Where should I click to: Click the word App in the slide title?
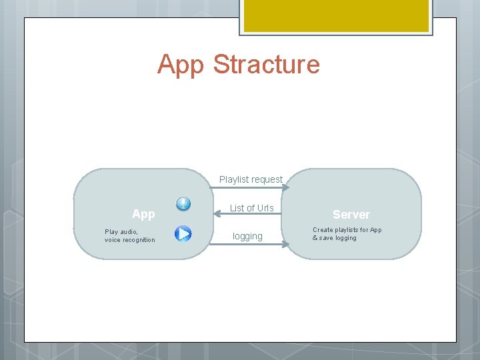pyautogui.click(x=181, y=65)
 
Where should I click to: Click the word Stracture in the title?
pyautogui.click(x=267, y=65)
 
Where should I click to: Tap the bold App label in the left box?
pyautogui.click(x=143, y=214)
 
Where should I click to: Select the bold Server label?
pyautogui.click(x=351, y=215)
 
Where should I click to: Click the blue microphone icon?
pyautogui.click(x=183, y=204)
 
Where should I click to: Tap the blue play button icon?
pyautogui.click(x=183, y=233)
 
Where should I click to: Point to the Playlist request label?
pyautogui.click(x=251, y=179)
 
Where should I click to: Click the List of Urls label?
pyautogui.click(x=251, y=208)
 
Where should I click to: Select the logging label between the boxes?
pyautogui.click(x=247, y=236)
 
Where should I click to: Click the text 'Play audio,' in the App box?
pyautogui.click(x=121, y=232)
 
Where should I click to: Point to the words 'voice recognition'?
pyautogui.click(x=129, y=240)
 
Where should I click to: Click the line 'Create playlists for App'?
pyautogui.click(x=347, y=230)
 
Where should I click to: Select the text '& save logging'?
pyautogui.click(x=335, y=238)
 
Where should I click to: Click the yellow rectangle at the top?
pyautogui.click(x=335, y=15)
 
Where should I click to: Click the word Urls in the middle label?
pyautogui.click(x=265, y=208)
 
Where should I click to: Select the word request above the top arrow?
pyautogui.click(x=267, y=179)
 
